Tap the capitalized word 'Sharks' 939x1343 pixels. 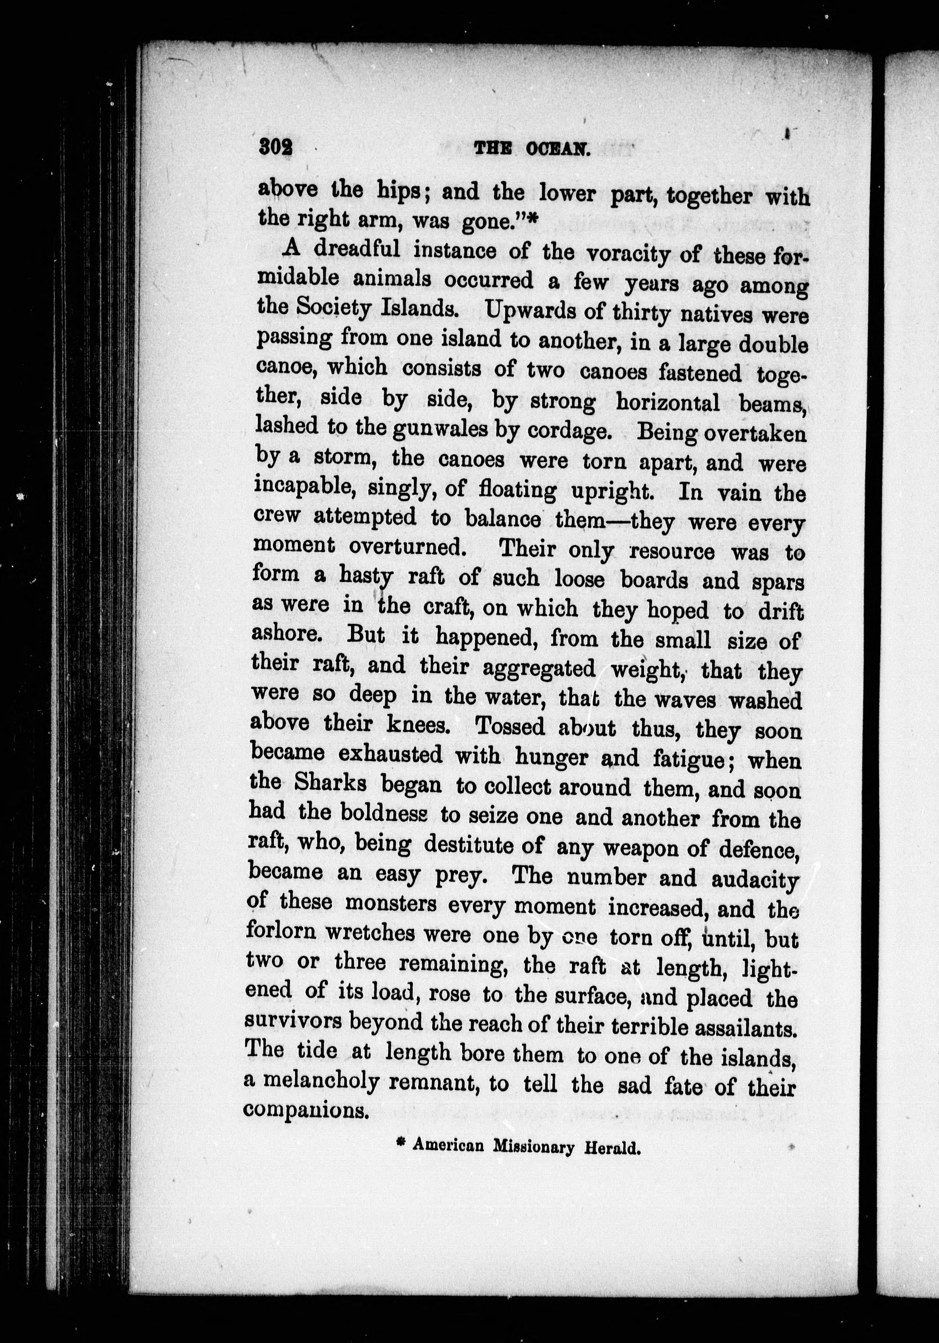click(x=331, y=784)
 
